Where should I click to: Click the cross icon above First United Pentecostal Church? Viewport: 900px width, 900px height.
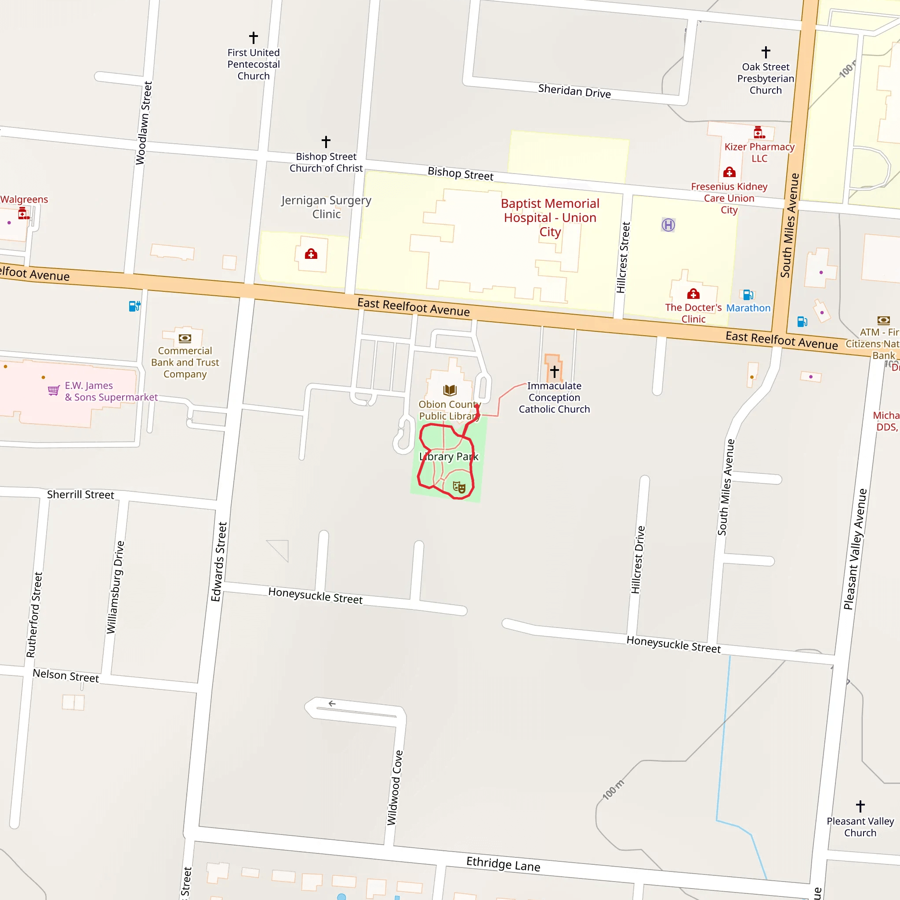point(254,37)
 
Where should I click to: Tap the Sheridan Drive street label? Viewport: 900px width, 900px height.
point(574,91)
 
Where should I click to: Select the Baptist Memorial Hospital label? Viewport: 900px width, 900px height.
point(550,217)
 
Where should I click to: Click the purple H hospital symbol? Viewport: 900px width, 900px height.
point(668,225)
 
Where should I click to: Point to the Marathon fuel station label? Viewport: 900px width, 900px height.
point(748,308)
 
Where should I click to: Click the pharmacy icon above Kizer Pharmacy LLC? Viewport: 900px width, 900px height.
point(759,133)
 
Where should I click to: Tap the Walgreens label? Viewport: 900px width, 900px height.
point(24,200)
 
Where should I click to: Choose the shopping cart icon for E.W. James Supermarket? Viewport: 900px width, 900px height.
point(54,390)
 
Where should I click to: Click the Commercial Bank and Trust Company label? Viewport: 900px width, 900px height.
point(185,362)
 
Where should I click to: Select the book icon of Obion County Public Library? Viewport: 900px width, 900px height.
point(450,390)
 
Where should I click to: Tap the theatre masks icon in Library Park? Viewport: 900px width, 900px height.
point(459,487)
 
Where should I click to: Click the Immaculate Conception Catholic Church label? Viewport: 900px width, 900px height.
point(554,397)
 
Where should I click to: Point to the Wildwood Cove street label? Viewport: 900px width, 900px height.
point(395,787)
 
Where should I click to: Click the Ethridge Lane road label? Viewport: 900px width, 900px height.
point(503,864)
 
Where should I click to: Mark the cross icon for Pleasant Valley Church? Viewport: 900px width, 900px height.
point(860,806)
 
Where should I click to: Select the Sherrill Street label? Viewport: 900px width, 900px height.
point(80,494)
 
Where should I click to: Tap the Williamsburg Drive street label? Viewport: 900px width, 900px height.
point(115,587)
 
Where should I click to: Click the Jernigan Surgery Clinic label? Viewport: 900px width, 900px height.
point(326,207)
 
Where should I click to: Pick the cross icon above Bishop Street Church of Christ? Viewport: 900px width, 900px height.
point(326,142)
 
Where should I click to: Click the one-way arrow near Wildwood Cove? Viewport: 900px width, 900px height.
point(332,704)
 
